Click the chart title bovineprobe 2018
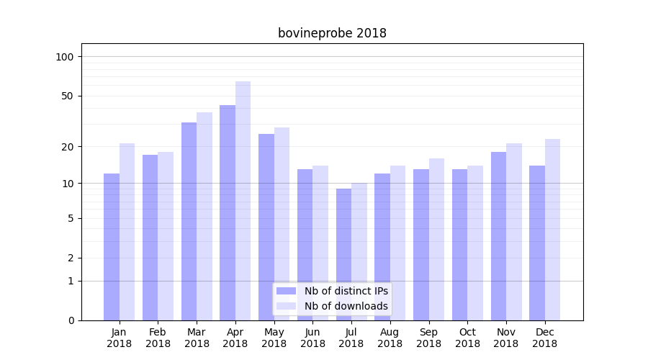tap(332, 33)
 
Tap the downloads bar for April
tap(243, 201)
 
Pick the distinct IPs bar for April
tap(228, 212)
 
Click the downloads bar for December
tap(553, 230)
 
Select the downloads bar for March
tap(204, 216)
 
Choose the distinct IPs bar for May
tap(266, 227)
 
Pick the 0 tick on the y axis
tap(71, 320)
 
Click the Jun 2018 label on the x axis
tap(312, 338)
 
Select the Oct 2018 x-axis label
tap(467, 338)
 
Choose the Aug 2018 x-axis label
tap(390, 338)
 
